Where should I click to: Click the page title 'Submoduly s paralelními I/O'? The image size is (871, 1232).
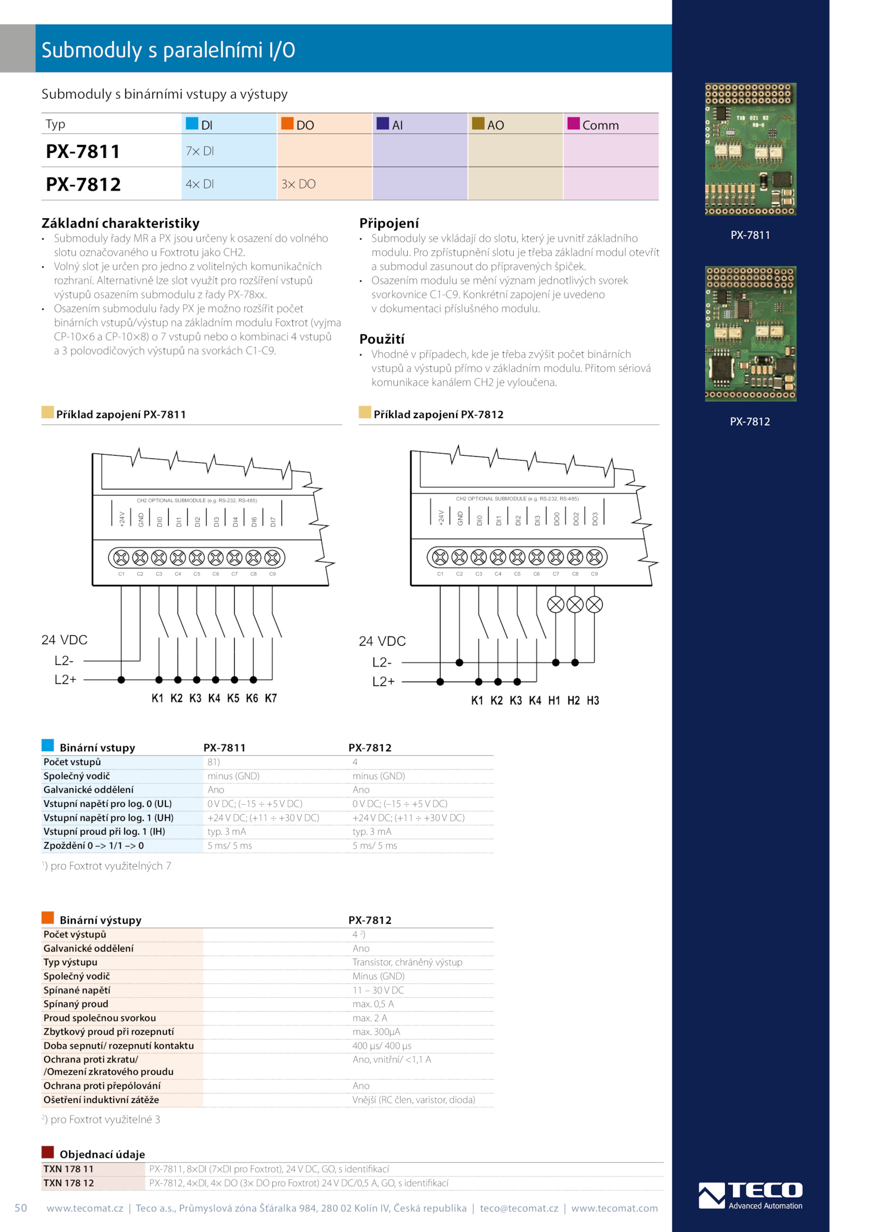click(x=168, y=50)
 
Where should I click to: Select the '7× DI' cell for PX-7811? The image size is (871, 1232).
click(x=200, y=151)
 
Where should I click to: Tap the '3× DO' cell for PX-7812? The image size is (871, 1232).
click(x=298, y=184)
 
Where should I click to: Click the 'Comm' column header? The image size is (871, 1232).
click(x=600, y=125)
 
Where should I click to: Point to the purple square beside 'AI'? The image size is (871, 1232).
click(x=383, y=124)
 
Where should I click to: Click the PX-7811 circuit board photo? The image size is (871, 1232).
click(x=750, y=149)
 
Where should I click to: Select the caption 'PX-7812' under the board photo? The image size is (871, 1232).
click(x=750, y=421)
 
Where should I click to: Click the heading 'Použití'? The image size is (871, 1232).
click(x=382, y=339)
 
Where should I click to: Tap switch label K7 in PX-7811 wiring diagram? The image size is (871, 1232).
click(x=271, y=698)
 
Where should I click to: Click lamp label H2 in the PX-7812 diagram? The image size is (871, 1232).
click(x=573, y=701)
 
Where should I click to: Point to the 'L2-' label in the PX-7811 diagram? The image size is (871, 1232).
click(x=64, y=660)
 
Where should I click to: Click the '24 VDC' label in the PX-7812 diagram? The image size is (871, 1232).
click(x=382, y=641)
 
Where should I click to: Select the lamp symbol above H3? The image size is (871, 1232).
click(x=594, y=604)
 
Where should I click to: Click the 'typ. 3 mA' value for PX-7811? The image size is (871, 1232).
click(x=226, y=831)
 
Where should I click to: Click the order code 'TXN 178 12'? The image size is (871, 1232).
click(x=69, y=1183)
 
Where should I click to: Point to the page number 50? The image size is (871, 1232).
click(x=21, y=1208)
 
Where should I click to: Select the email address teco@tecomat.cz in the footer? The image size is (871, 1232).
click(x=519, y=1208)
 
